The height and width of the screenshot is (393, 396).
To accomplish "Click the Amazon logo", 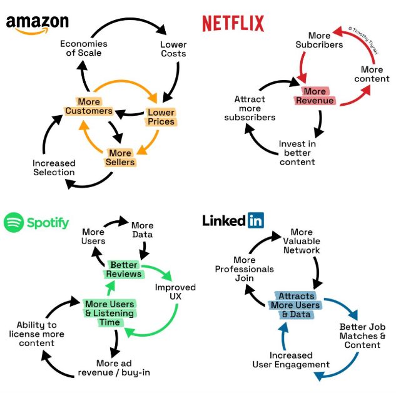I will click(37, 24).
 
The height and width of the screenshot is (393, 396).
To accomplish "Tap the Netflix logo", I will click(233, 24).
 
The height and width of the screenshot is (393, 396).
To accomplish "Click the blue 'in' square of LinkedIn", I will click(255, 220).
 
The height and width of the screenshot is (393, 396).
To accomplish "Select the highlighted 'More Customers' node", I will click(89, 106).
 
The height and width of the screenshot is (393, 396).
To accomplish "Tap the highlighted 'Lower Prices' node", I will click(161, 117).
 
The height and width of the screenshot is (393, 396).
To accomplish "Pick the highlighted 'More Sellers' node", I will click(120, 157).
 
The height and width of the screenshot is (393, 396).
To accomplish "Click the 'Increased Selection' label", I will click(54, 168).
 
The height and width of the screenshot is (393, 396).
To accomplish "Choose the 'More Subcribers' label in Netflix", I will click(319, 40).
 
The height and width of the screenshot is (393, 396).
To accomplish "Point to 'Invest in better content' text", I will click(297, 153).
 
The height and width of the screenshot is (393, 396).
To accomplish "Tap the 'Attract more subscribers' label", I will click(250, 108).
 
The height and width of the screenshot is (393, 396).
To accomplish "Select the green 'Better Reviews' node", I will click(124, 270).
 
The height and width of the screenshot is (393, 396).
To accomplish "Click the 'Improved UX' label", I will click(175, 292).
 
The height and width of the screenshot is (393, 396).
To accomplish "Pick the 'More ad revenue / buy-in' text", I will click(123, 368).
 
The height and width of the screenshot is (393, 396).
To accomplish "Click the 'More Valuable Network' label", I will click(302, 241).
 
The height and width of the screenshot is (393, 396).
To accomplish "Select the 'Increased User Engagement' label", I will click(291, 360).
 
